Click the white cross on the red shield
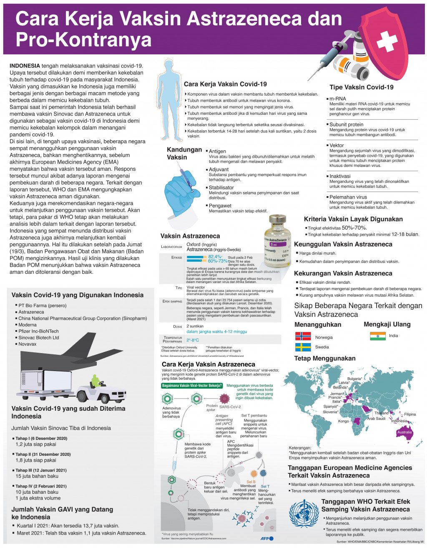click(x=387, y=42)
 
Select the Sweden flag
click(x=303, y=347)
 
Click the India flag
click(x=378, y=336)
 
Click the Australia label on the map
click(x=404, y=432)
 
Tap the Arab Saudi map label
click(x=376, y=419)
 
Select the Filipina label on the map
click(x=409, y=414)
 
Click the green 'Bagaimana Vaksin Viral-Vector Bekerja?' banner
click(x=192, y=386)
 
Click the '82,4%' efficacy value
click(x=215, y=257)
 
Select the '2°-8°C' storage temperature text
click(x=193, y=340)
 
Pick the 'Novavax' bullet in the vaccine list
click(x=27, y=344)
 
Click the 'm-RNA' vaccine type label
click(x=337, y=99)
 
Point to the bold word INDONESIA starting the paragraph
click(x=25, y=66)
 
